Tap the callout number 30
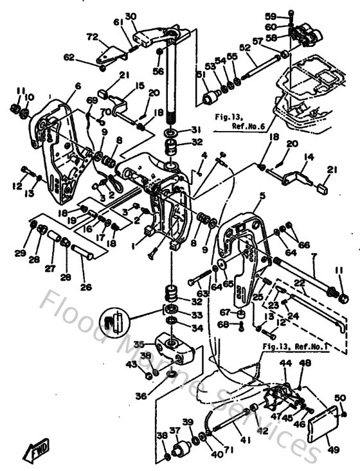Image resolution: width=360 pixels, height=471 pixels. pos(130,17)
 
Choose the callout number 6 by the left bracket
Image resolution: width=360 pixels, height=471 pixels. pos(77,85)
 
